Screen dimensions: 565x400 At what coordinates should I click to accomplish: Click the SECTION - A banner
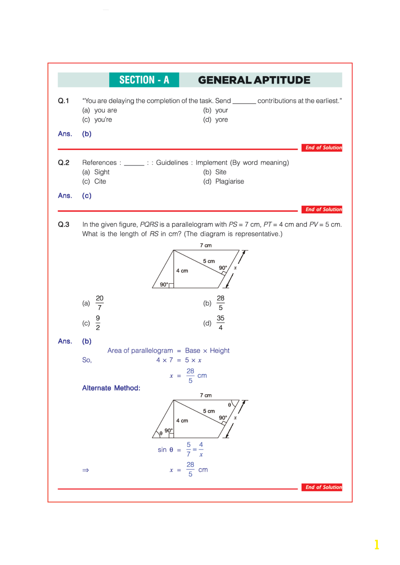coord(144,80)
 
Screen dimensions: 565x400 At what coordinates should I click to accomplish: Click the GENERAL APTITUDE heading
coord(254,80)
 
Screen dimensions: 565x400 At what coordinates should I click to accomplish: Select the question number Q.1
coord(63,101)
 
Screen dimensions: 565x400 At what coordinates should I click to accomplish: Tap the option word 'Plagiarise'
coord(229,181)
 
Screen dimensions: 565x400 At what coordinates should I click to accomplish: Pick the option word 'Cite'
coord(100,181)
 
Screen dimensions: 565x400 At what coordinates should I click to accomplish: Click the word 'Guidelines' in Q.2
coord(172,163)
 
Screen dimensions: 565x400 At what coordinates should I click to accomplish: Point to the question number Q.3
coord(63,224)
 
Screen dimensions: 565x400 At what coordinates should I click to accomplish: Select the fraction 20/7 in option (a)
coord(100,303)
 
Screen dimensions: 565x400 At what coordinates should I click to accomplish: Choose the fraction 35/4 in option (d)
coord(221,323)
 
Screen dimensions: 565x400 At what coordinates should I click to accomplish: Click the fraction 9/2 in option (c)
coord(98,323)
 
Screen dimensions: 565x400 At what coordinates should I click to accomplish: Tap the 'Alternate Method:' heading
coord(111,388)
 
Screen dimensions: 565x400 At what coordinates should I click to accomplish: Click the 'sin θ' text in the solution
coord(165,450)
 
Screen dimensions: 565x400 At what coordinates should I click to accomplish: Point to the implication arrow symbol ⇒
coord(85,470)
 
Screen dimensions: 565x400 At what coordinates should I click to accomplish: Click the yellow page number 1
coord(377,544)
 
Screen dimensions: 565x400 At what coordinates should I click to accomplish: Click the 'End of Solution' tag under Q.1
coord(323,148)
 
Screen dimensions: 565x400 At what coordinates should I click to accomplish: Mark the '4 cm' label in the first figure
coord(182,271)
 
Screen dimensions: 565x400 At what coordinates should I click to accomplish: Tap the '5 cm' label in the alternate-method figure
coord(209,411)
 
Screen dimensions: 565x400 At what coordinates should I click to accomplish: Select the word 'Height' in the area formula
coord(220,351)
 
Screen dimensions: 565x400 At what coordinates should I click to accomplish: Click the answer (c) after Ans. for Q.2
coord(87,196)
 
